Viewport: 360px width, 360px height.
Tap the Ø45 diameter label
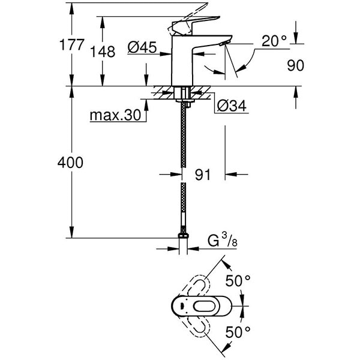(142, 46)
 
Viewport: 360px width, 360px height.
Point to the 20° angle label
(274, 41)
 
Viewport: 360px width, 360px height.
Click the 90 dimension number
(296, 65)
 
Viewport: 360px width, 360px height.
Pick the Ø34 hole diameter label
(227, 106)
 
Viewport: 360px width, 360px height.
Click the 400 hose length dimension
(71, 163)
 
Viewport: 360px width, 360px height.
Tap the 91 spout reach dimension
(203, 175)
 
